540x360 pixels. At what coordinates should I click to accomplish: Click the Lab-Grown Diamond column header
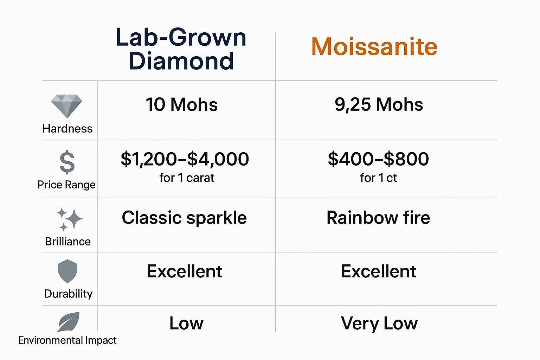[x=181, y=49]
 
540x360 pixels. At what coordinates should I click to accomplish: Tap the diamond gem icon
[x=66, y=106]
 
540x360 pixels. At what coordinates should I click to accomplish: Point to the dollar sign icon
[x=67, y=162]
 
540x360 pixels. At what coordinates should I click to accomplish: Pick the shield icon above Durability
[x=67, y=271]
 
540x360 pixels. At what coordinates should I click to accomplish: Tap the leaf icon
[x=69, y=322]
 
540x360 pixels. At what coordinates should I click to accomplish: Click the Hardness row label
[x=67, y=129]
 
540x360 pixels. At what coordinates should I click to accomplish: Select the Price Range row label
[x=66, y=185]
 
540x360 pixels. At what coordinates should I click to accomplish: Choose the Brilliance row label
[x=68, y=242]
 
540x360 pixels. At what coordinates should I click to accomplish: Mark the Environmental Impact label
[x=67, y=340]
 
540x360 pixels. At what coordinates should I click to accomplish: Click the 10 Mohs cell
[x=181, y=105]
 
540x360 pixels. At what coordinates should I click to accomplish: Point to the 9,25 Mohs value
[x=379, y=105]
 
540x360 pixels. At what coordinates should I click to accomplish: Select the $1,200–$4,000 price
[x=185, y=159]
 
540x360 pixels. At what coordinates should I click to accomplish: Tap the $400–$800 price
[x=378, y=159]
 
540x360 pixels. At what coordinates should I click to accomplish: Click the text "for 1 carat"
[x=187, y=178]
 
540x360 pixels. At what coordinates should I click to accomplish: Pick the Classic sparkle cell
[x=184, y=218]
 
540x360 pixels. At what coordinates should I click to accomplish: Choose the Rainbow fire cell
[x=378, y=218]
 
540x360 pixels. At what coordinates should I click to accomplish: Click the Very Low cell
[x=379, y=323]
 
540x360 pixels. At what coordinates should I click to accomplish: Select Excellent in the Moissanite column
[x=379, y=271]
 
